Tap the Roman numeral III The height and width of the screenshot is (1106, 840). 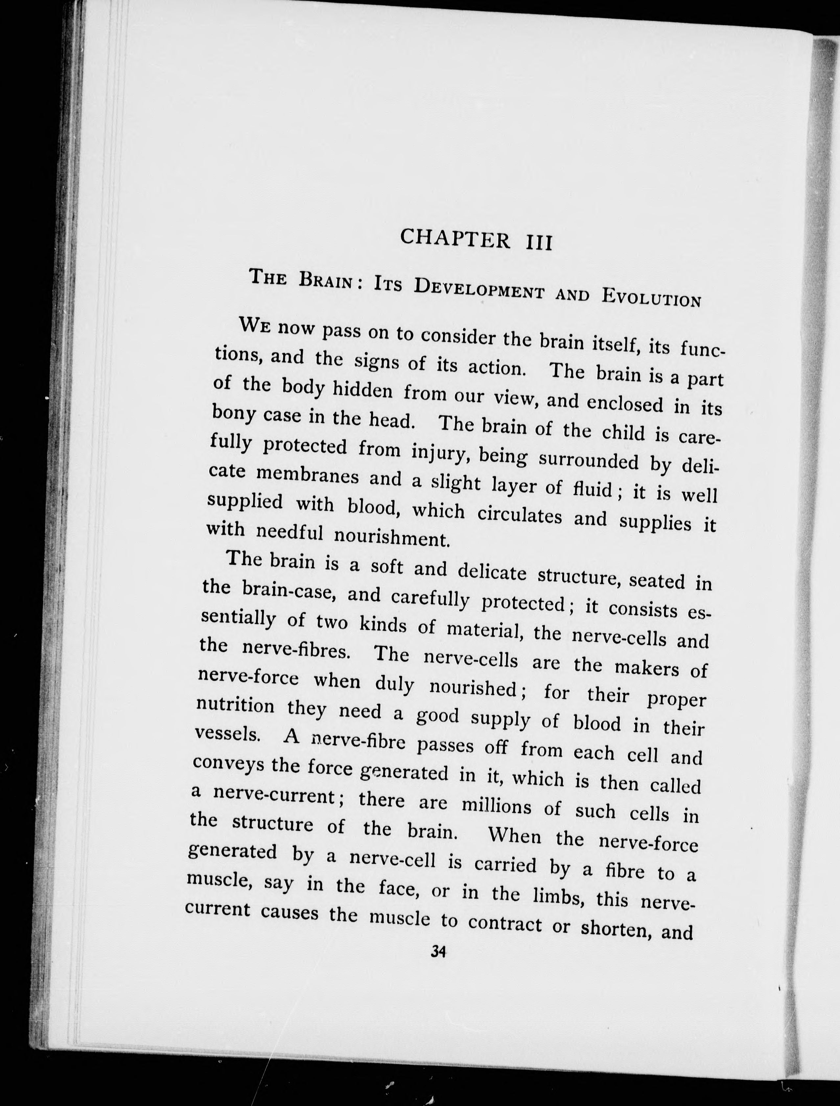point(538,243)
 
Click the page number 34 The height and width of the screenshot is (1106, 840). point(438,952)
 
